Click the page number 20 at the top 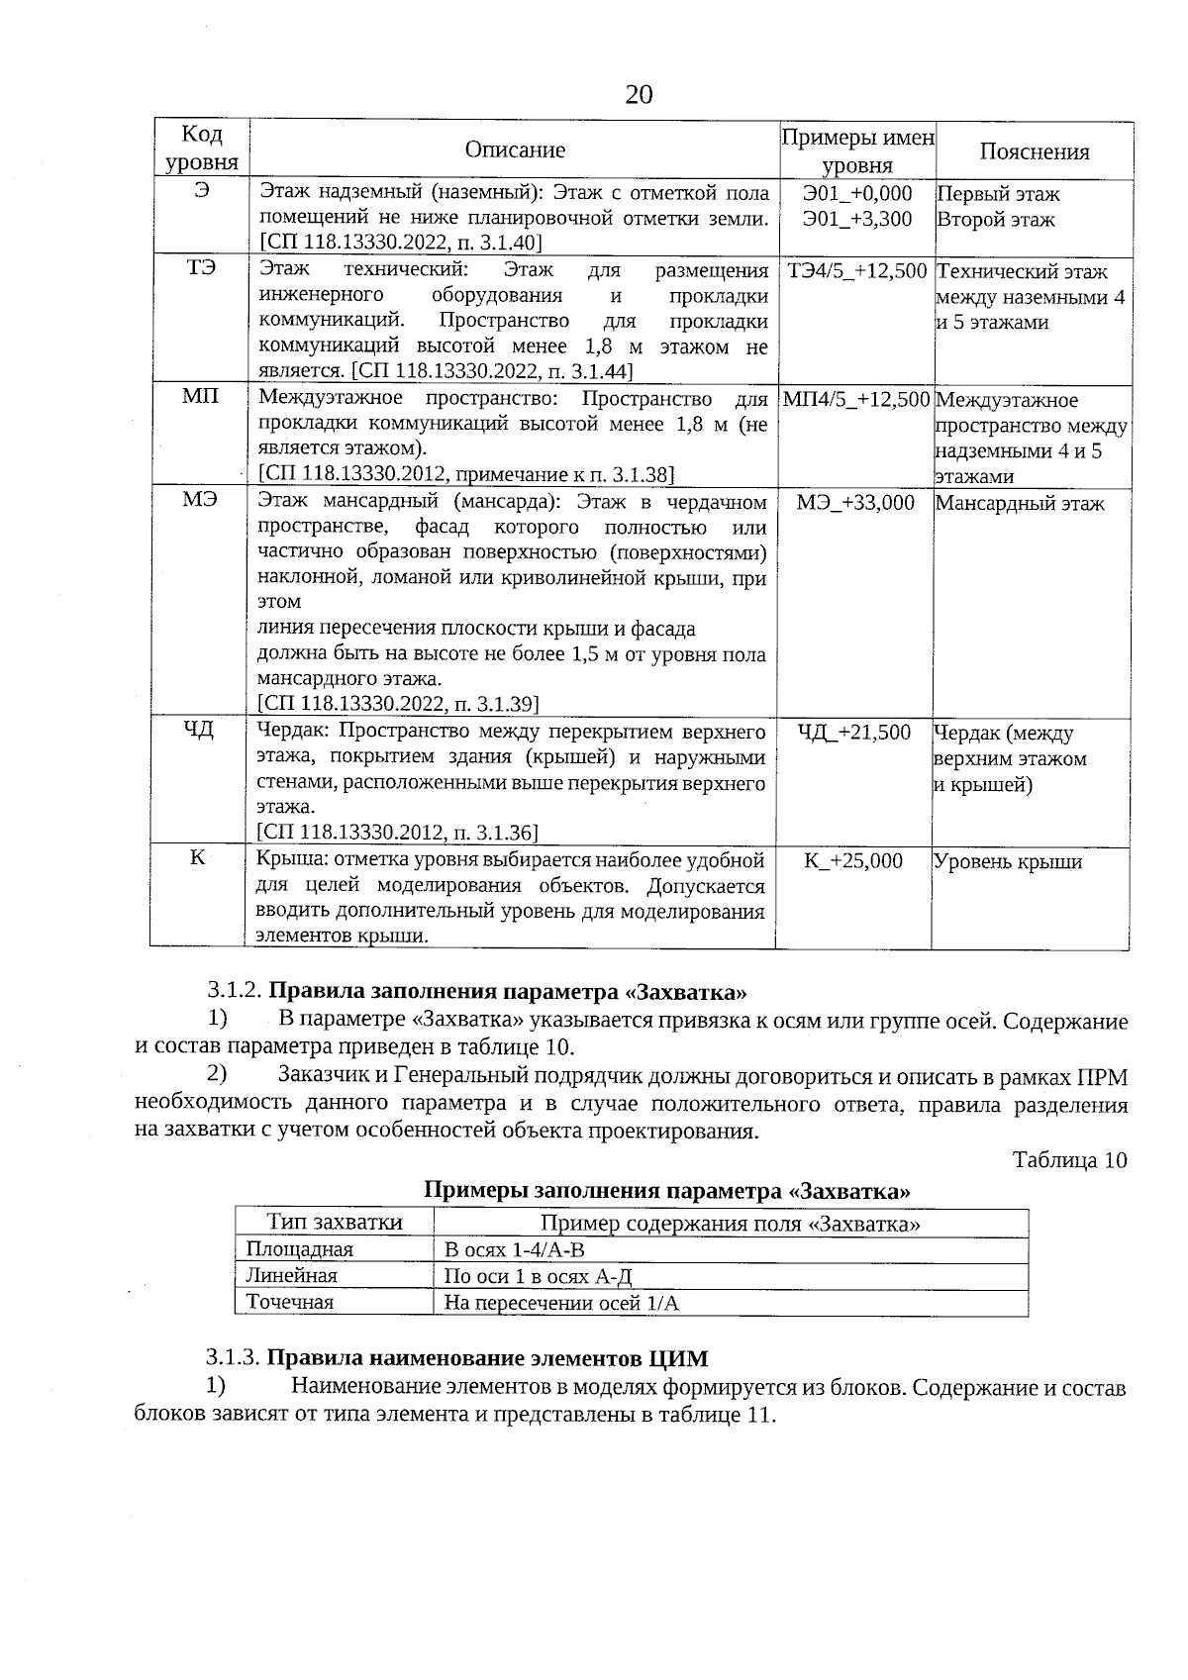tap(639, 95)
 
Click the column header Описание tap(515, 150)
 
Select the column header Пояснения tap(1034, 151)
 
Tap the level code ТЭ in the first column tap(201, 268)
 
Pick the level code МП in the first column tap(201, 397)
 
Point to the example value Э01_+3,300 tap(857, 219)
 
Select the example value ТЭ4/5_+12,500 tap(857, 271)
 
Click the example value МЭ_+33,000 tap(855, 503)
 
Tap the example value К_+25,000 tap(853, 861)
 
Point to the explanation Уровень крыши tap(1008, 862)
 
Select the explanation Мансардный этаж tap(1020, 504)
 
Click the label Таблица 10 tap(1069, 1160)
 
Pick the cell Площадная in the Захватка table tap(299, 1250)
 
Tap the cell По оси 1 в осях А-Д tap(538, 1276)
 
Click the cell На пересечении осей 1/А tap(561, 1303)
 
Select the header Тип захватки tap(335, 1223)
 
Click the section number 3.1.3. tap(234, 1358)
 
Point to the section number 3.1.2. tap(234, 992)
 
